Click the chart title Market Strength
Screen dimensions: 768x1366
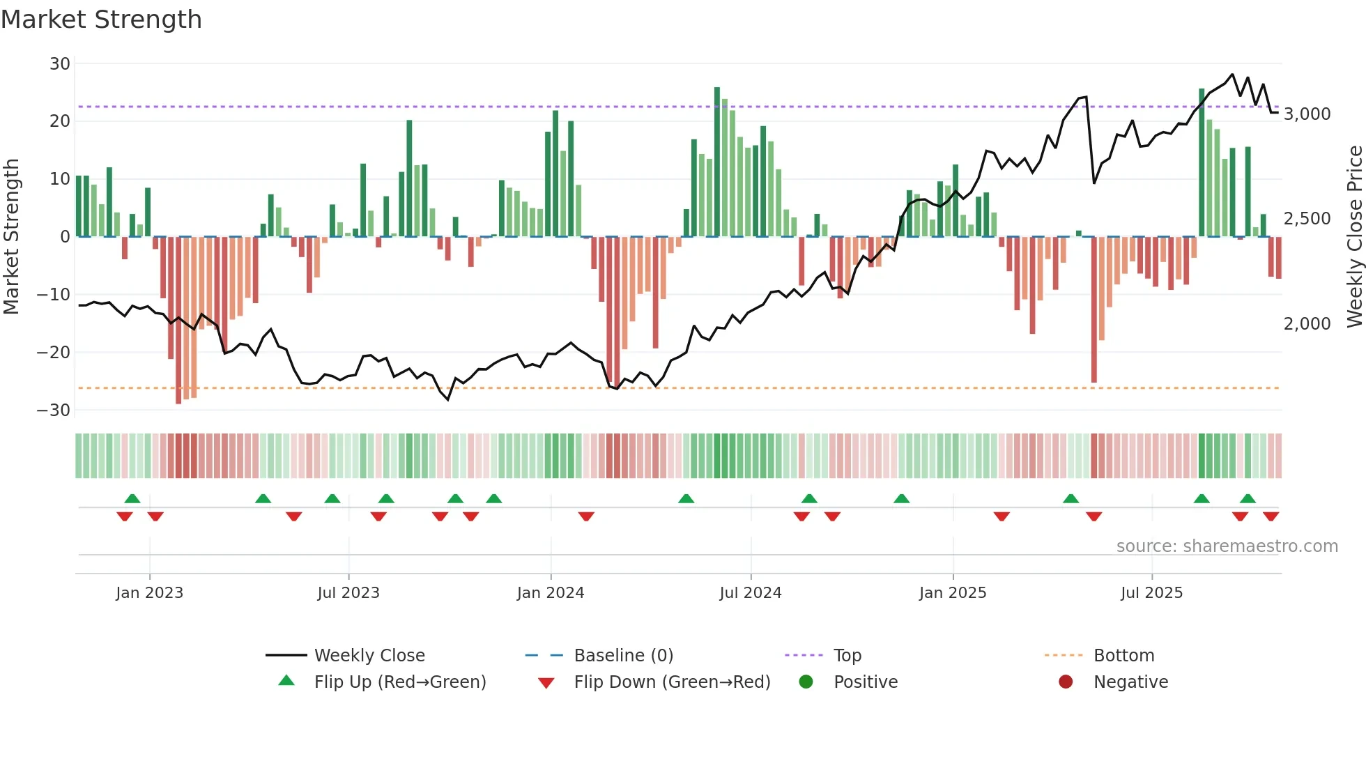[101, 20]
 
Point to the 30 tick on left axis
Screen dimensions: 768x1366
[60, 64]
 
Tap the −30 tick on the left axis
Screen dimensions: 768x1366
[54, 410]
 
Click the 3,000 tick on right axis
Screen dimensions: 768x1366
[1307, 114]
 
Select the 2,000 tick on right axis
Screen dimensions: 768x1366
[1307, 324]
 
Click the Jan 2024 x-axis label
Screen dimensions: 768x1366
[550, 593]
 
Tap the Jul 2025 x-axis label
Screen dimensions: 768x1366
[1151, 593]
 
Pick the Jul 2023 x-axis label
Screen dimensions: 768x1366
[348, 593]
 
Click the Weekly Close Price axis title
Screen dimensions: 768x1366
[1354, 236]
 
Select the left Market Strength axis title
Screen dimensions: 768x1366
[11, 236]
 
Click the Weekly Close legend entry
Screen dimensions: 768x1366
[369, 656]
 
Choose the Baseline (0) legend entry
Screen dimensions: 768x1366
[623, 656]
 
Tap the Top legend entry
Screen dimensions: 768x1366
[847, 656]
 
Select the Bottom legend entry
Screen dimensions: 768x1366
[1123, 656]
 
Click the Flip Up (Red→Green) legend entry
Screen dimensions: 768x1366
[399, 682]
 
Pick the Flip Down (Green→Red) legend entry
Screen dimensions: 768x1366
[672, 682]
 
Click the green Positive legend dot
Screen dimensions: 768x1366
[806, 682]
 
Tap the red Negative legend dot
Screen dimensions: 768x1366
[1066, 682]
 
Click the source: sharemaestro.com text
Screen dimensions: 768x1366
[1227, 546]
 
